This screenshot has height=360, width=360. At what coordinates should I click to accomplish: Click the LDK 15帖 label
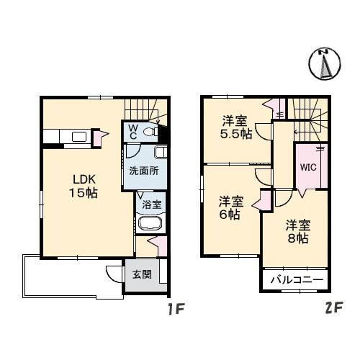click(x=84, y=186)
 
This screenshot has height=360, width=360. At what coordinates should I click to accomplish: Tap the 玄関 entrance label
click(x=141, y=274)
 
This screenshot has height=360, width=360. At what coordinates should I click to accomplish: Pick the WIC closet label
click(x=309, y=166)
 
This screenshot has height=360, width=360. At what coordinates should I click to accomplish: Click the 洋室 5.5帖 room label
click(x=236, y=127)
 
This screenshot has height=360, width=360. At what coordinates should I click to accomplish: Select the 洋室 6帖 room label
click(x=230, y=207)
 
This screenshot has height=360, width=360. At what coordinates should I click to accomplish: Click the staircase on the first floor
click(x=147, y=109)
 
